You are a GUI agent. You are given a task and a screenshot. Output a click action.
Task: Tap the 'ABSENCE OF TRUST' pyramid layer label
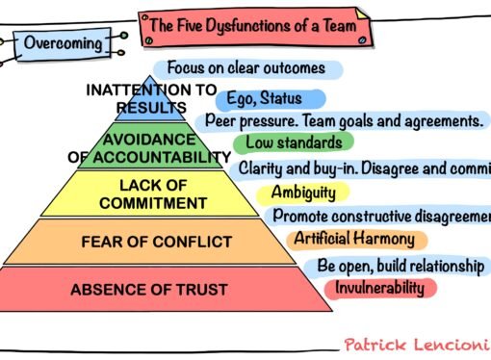(148, 288)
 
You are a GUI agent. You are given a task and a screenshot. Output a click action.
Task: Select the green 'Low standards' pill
(287, 143)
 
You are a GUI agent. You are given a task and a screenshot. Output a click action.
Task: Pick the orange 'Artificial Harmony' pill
(354, 238)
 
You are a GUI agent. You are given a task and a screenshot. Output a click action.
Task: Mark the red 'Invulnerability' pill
(381, 287)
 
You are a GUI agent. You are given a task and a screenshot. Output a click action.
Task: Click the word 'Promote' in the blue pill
(302, 216)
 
